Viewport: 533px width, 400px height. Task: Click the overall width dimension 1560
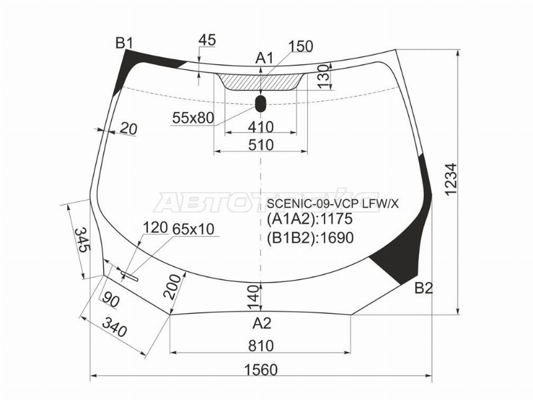261,369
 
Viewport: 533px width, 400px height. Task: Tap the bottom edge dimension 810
261,345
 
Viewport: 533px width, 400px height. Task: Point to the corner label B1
124,44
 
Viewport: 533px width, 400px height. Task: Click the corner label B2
424,288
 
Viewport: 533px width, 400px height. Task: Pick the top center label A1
265,59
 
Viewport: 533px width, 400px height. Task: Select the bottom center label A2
262,324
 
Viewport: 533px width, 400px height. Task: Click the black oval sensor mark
261,103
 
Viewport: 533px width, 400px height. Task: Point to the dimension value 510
261,145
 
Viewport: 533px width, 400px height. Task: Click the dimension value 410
261,127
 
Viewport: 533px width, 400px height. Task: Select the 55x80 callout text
193,118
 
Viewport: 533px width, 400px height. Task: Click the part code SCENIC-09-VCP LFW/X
333,205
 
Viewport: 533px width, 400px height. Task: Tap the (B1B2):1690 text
310,238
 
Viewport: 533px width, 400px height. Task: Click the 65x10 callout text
193,229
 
